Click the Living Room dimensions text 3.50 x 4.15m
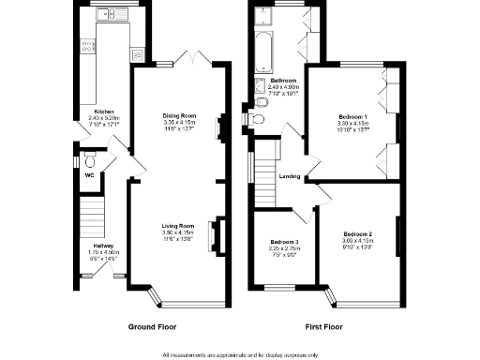click(177, 232)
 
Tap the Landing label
click(290, 175)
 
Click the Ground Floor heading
click(151, 327)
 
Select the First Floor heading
click(325, 327)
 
